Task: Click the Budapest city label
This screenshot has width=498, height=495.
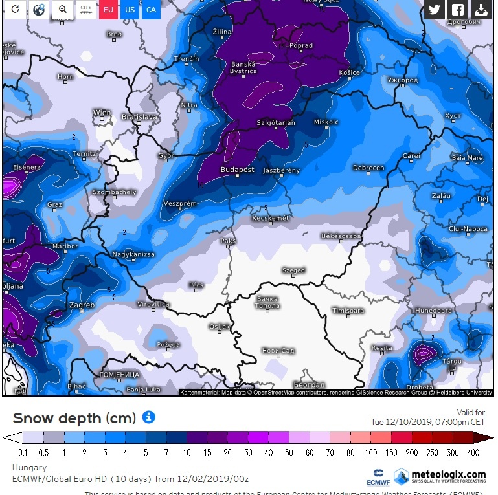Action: coord(237,170)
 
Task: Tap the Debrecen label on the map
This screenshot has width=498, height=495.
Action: coord(368,168)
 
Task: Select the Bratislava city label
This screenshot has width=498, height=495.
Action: coord(140,117)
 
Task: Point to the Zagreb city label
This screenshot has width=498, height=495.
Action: coord(81,305)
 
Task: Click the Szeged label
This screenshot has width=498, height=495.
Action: coord(293,270)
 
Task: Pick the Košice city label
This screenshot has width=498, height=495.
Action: coord(349,72)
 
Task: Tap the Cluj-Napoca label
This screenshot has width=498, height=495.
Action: coord(468,229)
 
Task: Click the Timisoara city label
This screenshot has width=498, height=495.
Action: coord(348,311)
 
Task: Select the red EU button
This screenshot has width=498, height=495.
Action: coord(108,10)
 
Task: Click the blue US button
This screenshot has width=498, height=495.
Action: coord(130,10)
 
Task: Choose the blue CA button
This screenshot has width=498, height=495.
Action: coord(151,10)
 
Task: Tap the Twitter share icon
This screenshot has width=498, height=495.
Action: coord(435,10)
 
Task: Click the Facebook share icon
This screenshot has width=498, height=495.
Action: coord(457,10)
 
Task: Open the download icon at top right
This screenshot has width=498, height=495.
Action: coord(481,10)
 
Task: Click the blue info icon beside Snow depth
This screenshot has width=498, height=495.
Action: coord(148,417)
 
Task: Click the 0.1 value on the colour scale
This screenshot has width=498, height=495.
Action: coord(23,452)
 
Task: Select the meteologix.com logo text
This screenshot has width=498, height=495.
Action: coord(449,475)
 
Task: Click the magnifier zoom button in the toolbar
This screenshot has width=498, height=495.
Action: coord(62,10)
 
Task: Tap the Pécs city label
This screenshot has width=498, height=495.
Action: coord(196,285)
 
